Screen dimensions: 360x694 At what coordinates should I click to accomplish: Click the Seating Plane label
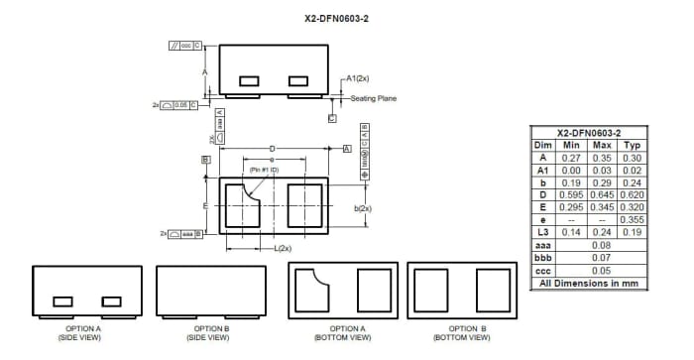point(374,98)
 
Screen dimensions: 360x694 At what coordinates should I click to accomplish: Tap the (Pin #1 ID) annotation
point(264,172)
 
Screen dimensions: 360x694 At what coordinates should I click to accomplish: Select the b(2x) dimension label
point(363,208)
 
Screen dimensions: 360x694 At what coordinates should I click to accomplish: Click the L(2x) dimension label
point(282,248)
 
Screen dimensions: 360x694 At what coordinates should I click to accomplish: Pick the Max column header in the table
point(602,145)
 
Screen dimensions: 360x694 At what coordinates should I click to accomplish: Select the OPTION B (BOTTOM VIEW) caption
point(461,332)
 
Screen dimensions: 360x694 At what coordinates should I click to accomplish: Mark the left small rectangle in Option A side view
point(62,300)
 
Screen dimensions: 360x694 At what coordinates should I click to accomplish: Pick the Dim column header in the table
point(543,145)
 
